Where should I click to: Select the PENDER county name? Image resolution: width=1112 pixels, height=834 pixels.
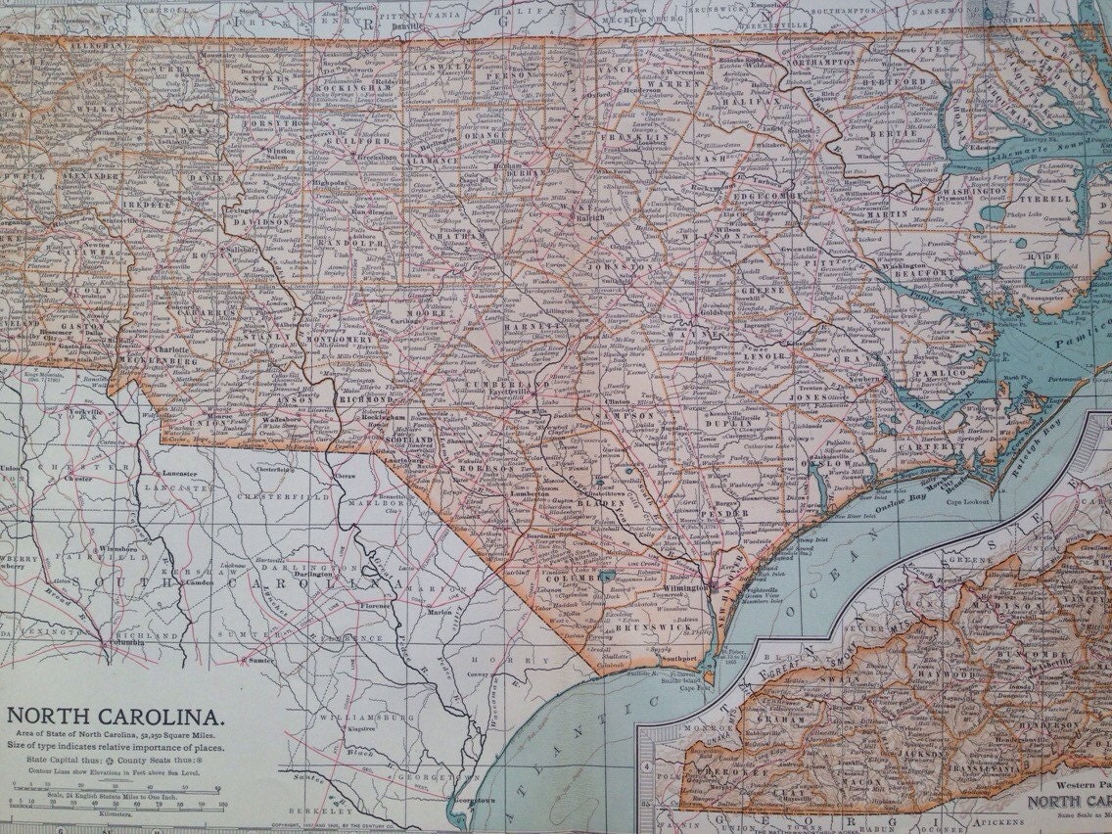coord(724,512)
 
